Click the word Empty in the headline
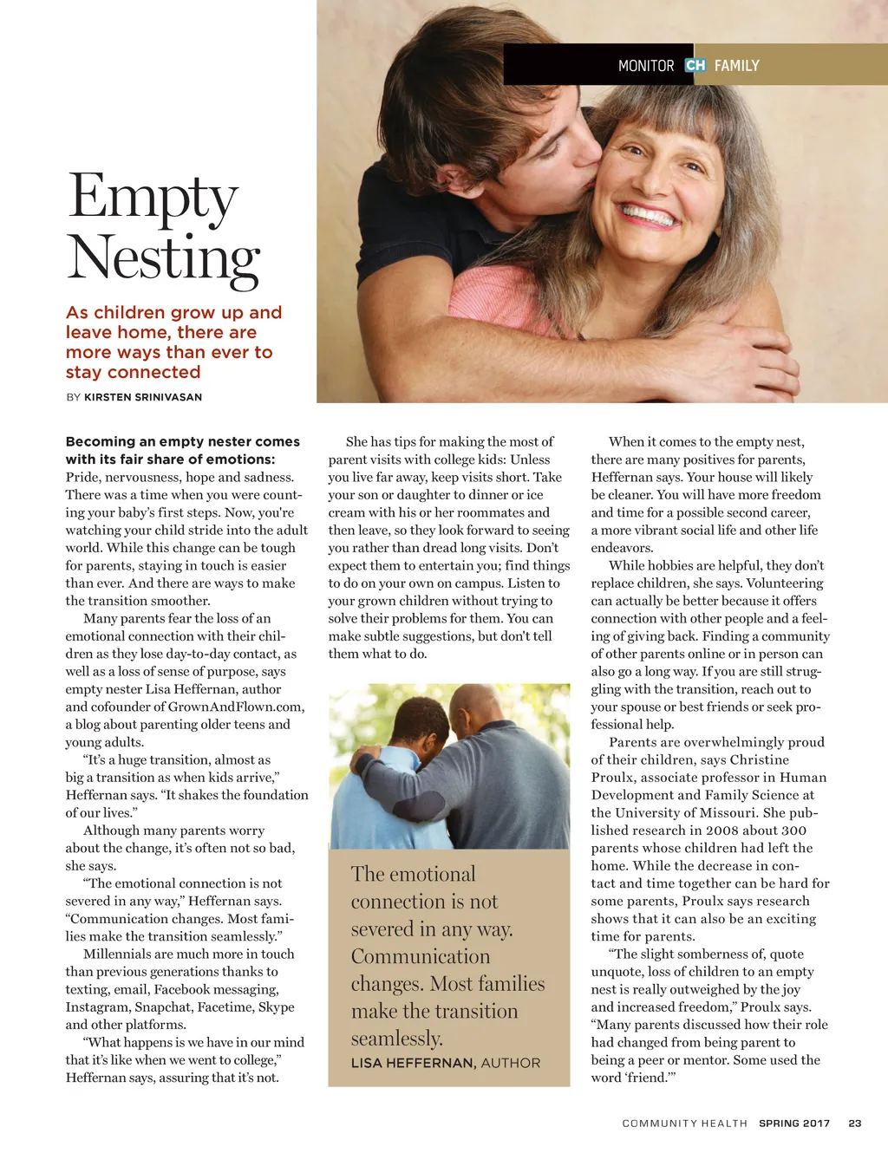(153, 198)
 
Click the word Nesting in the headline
(163, 258)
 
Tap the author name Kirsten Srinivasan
(143, 397)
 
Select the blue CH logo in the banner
(695, 65)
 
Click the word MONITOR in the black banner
(646, 66)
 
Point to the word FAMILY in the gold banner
(737, 66)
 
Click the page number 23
(855, 1123)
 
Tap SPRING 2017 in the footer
(794, 1123)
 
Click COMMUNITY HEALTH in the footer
(684, 1123)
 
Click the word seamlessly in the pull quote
(396, 1038)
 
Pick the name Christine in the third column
(760, 759)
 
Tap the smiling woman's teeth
(649, 214)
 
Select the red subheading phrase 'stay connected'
(133, 372)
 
